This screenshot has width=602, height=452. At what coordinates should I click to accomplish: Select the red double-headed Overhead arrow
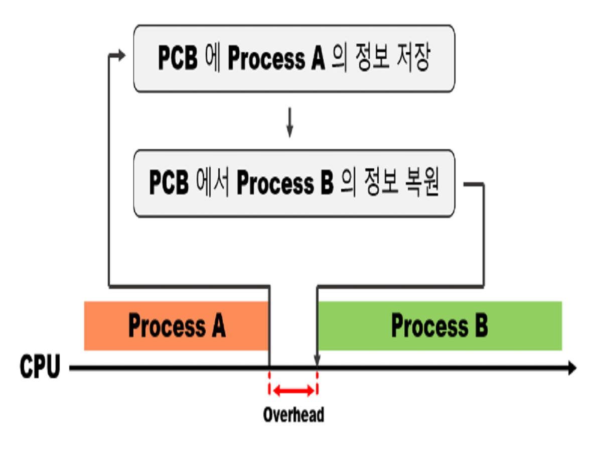(293, 390)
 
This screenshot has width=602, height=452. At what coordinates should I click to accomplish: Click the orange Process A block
(177, 325)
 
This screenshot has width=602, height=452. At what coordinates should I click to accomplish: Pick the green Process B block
(439, 325)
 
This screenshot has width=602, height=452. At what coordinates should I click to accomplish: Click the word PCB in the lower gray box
(169, 183)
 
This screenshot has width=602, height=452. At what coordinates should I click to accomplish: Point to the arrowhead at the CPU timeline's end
(572, 369)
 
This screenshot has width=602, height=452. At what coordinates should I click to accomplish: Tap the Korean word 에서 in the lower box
(212, 183)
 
